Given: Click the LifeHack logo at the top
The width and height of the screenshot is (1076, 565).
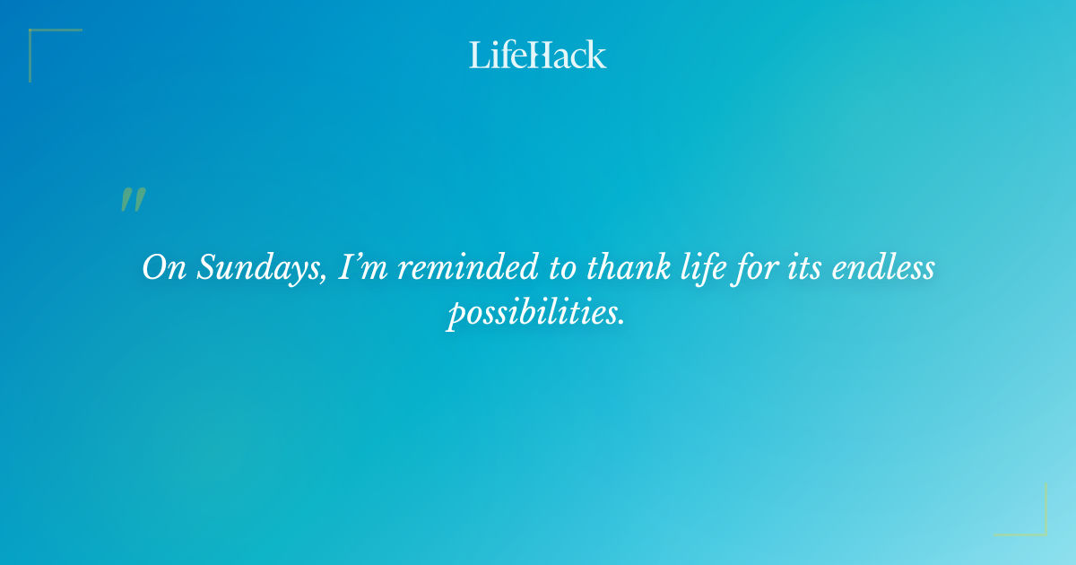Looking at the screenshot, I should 538,55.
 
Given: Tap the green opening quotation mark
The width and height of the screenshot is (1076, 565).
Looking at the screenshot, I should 132,200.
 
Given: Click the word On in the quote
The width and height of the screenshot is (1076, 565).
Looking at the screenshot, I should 162,268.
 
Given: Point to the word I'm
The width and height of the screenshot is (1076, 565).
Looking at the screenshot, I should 362,268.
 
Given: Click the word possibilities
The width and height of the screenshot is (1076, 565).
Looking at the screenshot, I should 532,313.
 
